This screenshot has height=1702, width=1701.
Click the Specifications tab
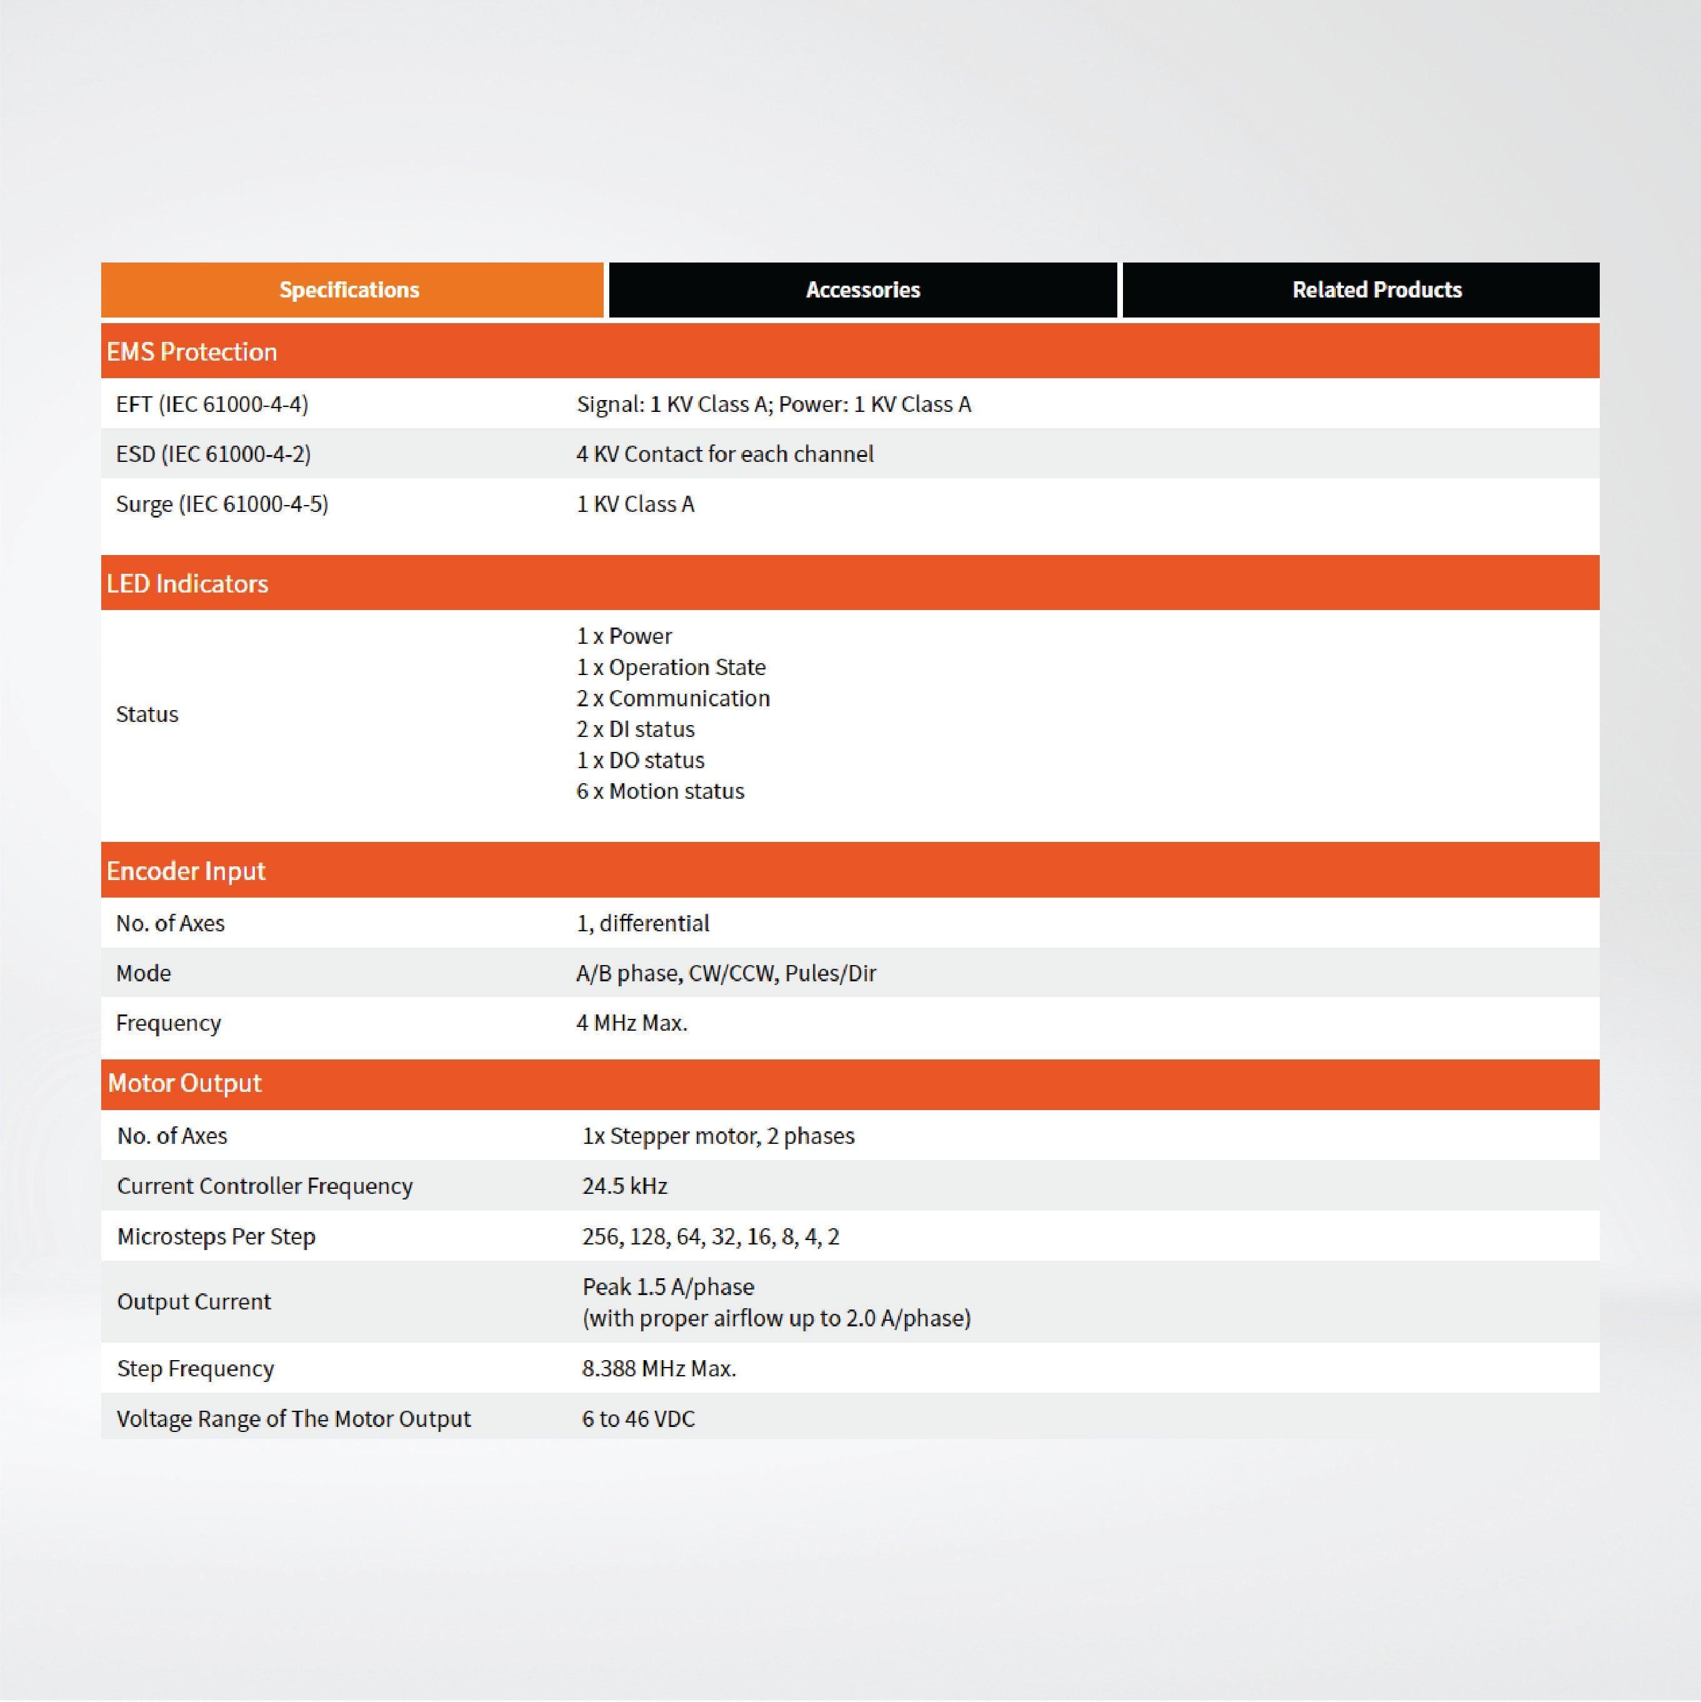pos(350,290)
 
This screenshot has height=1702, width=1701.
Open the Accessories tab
pos(862,290)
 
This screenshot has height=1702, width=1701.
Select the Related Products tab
pos(1376,290)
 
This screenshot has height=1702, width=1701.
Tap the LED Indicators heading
pos(187,583)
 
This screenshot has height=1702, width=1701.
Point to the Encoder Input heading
pos(186,871)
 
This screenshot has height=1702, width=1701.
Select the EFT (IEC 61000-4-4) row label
pos(212,404)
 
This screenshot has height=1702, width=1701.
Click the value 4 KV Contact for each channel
pos(725,454)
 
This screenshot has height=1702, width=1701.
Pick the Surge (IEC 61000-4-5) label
pos(222,504)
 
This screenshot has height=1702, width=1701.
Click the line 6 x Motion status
pos(660,791)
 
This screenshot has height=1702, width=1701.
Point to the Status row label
pos(147,714)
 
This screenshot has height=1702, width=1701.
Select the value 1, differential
pos(643,923)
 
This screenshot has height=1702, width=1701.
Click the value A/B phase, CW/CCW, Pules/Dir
pos(726,973)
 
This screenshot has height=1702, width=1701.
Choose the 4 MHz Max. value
pos(632,1023)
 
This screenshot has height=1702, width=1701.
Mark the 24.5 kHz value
pos(624,1186)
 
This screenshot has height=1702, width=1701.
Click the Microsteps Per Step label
pos(216,1236)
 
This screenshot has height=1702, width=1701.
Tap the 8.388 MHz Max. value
pos(659,1368)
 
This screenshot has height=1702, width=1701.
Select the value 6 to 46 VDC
pos(638,1418)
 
